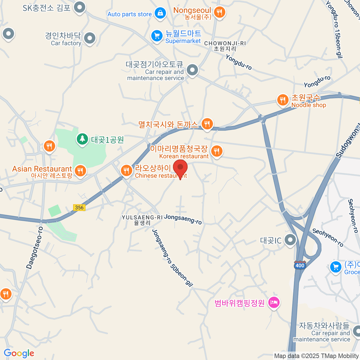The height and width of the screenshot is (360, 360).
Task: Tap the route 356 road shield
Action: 79,208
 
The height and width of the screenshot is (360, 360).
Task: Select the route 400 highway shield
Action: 300,265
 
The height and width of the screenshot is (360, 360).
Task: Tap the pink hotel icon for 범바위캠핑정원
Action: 274,302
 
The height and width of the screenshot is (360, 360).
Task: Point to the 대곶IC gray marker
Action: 290,240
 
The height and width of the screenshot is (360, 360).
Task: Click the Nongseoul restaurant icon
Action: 220,12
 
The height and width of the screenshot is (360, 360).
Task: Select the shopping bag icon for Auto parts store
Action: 160,13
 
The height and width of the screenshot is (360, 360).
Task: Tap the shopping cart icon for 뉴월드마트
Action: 157,36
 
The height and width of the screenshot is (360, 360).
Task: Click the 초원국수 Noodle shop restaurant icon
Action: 283,100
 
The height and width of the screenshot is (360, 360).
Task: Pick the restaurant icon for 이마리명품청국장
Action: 217,151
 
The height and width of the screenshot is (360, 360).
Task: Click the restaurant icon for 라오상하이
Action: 126,170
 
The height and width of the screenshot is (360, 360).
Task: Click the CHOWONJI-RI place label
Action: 225,43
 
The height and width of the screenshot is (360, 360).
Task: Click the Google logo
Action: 19,353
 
